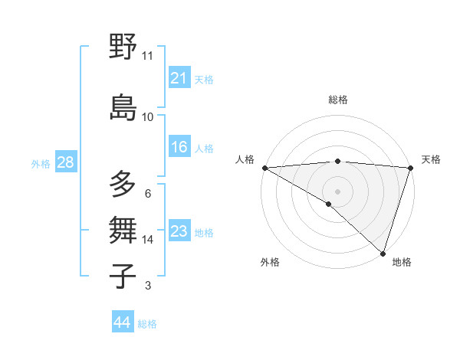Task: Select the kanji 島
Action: [x=123, y=106]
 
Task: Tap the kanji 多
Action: [x=123, y=184]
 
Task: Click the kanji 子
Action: [x=123, y=276]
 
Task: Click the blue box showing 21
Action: [x=179, y=78]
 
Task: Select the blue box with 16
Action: [x=179, y=147]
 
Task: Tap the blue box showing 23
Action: [x=179, y=231]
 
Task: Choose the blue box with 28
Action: [x=65, y=162]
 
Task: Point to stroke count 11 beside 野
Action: [x=147, y=56]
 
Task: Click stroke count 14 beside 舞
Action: [x=147, y=240]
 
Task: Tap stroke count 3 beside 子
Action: [x=147, y=286]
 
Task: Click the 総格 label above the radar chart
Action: [x=337, y=100]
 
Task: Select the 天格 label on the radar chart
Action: [x=431, y=159]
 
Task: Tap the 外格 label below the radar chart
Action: [x=270, y=262]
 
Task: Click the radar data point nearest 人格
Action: [x=264, y=168]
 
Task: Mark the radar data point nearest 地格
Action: [x=383, y=253]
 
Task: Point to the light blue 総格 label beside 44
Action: [x=147, y=324]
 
